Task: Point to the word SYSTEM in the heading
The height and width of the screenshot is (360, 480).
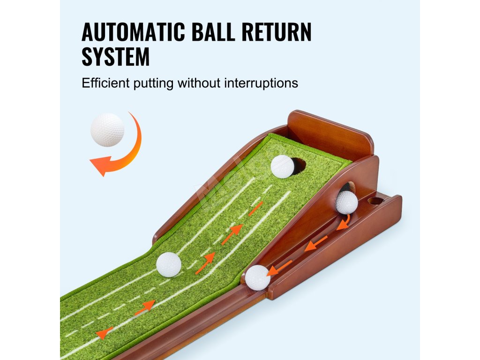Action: [116, 57]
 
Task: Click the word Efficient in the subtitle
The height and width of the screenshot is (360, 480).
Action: [106, 83]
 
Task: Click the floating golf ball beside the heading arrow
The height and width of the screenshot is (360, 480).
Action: [107, 130]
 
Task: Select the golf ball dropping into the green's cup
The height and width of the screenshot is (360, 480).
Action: [282, 166]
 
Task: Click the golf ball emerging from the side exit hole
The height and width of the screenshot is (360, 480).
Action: [347, 202]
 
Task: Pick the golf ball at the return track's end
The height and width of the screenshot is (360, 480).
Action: [258, 277]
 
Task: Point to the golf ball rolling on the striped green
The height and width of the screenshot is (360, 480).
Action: [169, 264]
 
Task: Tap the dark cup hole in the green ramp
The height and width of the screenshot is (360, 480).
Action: [298, 165]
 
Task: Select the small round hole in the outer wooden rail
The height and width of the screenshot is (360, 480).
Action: [375, 201]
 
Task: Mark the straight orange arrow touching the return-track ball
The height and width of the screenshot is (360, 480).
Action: [281, 267]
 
